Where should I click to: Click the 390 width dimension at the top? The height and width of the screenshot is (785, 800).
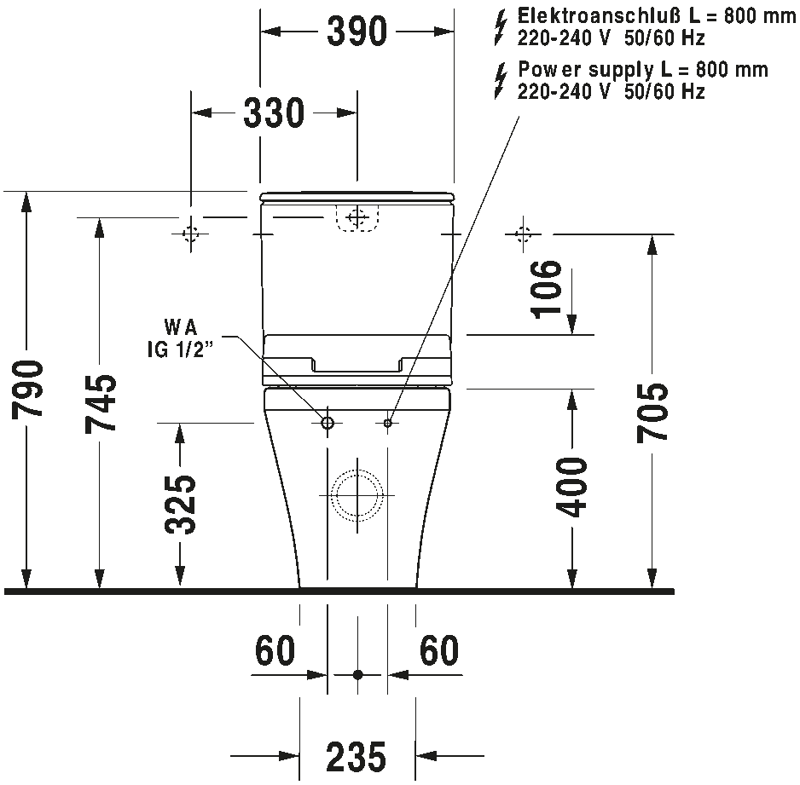(x=357, y=32)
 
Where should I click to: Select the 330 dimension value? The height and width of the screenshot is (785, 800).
(x=274, y=113)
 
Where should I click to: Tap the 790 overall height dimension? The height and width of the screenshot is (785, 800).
(x=27, y=389)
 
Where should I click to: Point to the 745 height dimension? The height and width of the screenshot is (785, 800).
(x=101, y=404)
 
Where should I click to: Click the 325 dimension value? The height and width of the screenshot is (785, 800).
(x=180, y=505)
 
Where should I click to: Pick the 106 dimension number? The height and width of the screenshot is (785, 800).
(x=547, y=289)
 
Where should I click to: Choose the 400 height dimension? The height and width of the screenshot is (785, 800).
(x=572, y=488)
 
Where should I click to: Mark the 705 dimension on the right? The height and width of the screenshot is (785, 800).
(x=652, y=413)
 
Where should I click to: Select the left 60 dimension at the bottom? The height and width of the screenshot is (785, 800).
(x=275, y=650)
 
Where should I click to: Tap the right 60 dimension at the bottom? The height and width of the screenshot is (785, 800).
(x=439, y=650)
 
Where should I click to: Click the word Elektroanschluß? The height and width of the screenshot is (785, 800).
(x=599, y=16)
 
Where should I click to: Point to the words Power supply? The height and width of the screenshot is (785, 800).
(x=586, y=71)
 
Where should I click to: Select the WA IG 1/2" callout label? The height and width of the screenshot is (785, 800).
(x=180, y=338)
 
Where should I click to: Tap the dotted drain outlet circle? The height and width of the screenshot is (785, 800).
(x=357, y=495)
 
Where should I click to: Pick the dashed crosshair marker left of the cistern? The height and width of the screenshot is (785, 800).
(x=191, y=234)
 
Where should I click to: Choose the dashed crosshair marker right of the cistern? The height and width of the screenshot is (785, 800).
(x=523, y=234)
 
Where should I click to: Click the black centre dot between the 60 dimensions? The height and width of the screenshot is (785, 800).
(x=357, y=675)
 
